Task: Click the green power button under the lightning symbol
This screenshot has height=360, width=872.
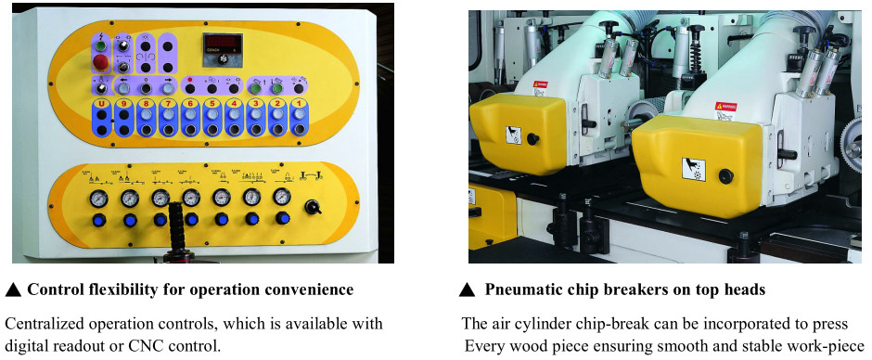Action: click(101, 46)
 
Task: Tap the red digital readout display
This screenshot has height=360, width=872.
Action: click(222, 42)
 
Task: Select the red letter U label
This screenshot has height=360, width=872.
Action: click(101, 104)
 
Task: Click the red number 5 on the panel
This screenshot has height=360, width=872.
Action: click(212, 104)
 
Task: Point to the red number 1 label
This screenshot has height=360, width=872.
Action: click(300, 104)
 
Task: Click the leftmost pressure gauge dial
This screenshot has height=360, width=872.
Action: click(98, 198)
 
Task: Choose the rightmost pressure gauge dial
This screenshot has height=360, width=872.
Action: click(282, 197)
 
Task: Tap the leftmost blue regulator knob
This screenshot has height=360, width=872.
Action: click(99, 220)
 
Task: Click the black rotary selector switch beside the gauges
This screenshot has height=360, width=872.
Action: click(313, 208)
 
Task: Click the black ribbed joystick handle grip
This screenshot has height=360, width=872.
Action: click(176, 226)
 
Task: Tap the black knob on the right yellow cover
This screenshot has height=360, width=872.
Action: click(725, 176)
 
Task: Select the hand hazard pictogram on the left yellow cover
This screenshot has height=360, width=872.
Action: click(514, 135)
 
